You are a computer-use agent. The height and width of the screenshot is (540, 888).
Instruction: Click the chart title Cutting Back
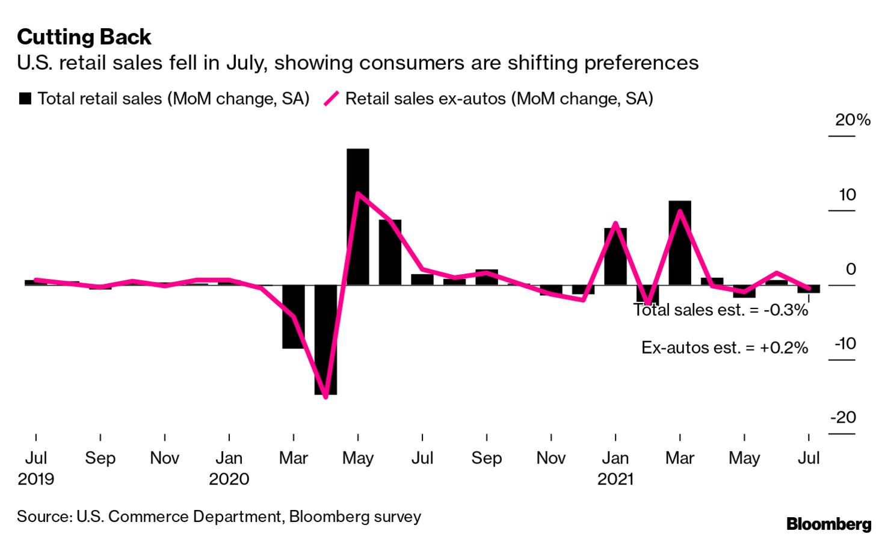[x=84, y=37]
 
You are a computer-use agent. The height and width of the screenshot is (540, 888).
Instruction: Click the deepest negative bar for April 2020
[x=325, y=340]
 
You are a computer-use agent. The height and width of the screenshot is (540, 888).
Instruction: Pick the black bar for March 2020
[x=294, y=317]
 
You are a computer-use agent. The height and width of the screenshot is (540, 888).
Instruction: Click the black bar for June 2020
[x=390, y=253]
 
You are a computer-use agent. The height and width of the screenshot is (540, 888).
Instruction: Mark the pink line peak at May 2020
[x=358, y=194]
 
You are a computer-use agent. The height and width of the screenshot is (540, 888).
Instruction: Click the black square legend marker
[x=25, y=99]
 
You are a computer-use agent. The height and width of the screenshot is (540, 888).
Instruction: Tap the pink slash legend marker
[x=331, y=99]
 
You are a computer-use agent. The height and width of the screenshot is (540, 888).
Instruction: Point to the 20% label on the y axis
[x=853, y=120]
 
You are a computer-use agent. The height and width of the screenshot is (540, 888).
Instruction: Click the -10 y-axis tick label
[x=844, y=344]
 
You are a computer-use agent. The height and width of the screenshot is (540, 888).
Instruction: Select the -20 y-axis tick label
[x=843, y=417]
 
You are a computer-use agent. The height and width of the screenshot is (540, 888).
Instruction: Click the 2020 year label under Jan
[x=229, y=479]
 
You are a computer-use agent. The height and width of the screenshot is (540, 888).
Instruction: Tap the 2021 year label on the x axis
[x=615, y=479]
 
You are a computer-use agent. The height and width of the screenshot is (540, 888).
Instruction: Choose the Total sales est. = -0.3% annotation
[x=721, y=310]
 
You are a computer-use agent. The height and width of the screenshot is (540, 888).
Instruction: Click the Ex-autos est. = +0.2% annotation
[x=724, y=348]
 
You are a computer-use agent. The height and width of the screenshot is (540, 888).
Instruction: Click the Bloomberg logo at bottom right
[x=828, y=524]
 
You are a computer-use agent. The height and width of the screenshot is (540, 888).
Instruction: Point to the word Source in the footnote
[x=42, y=517]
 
